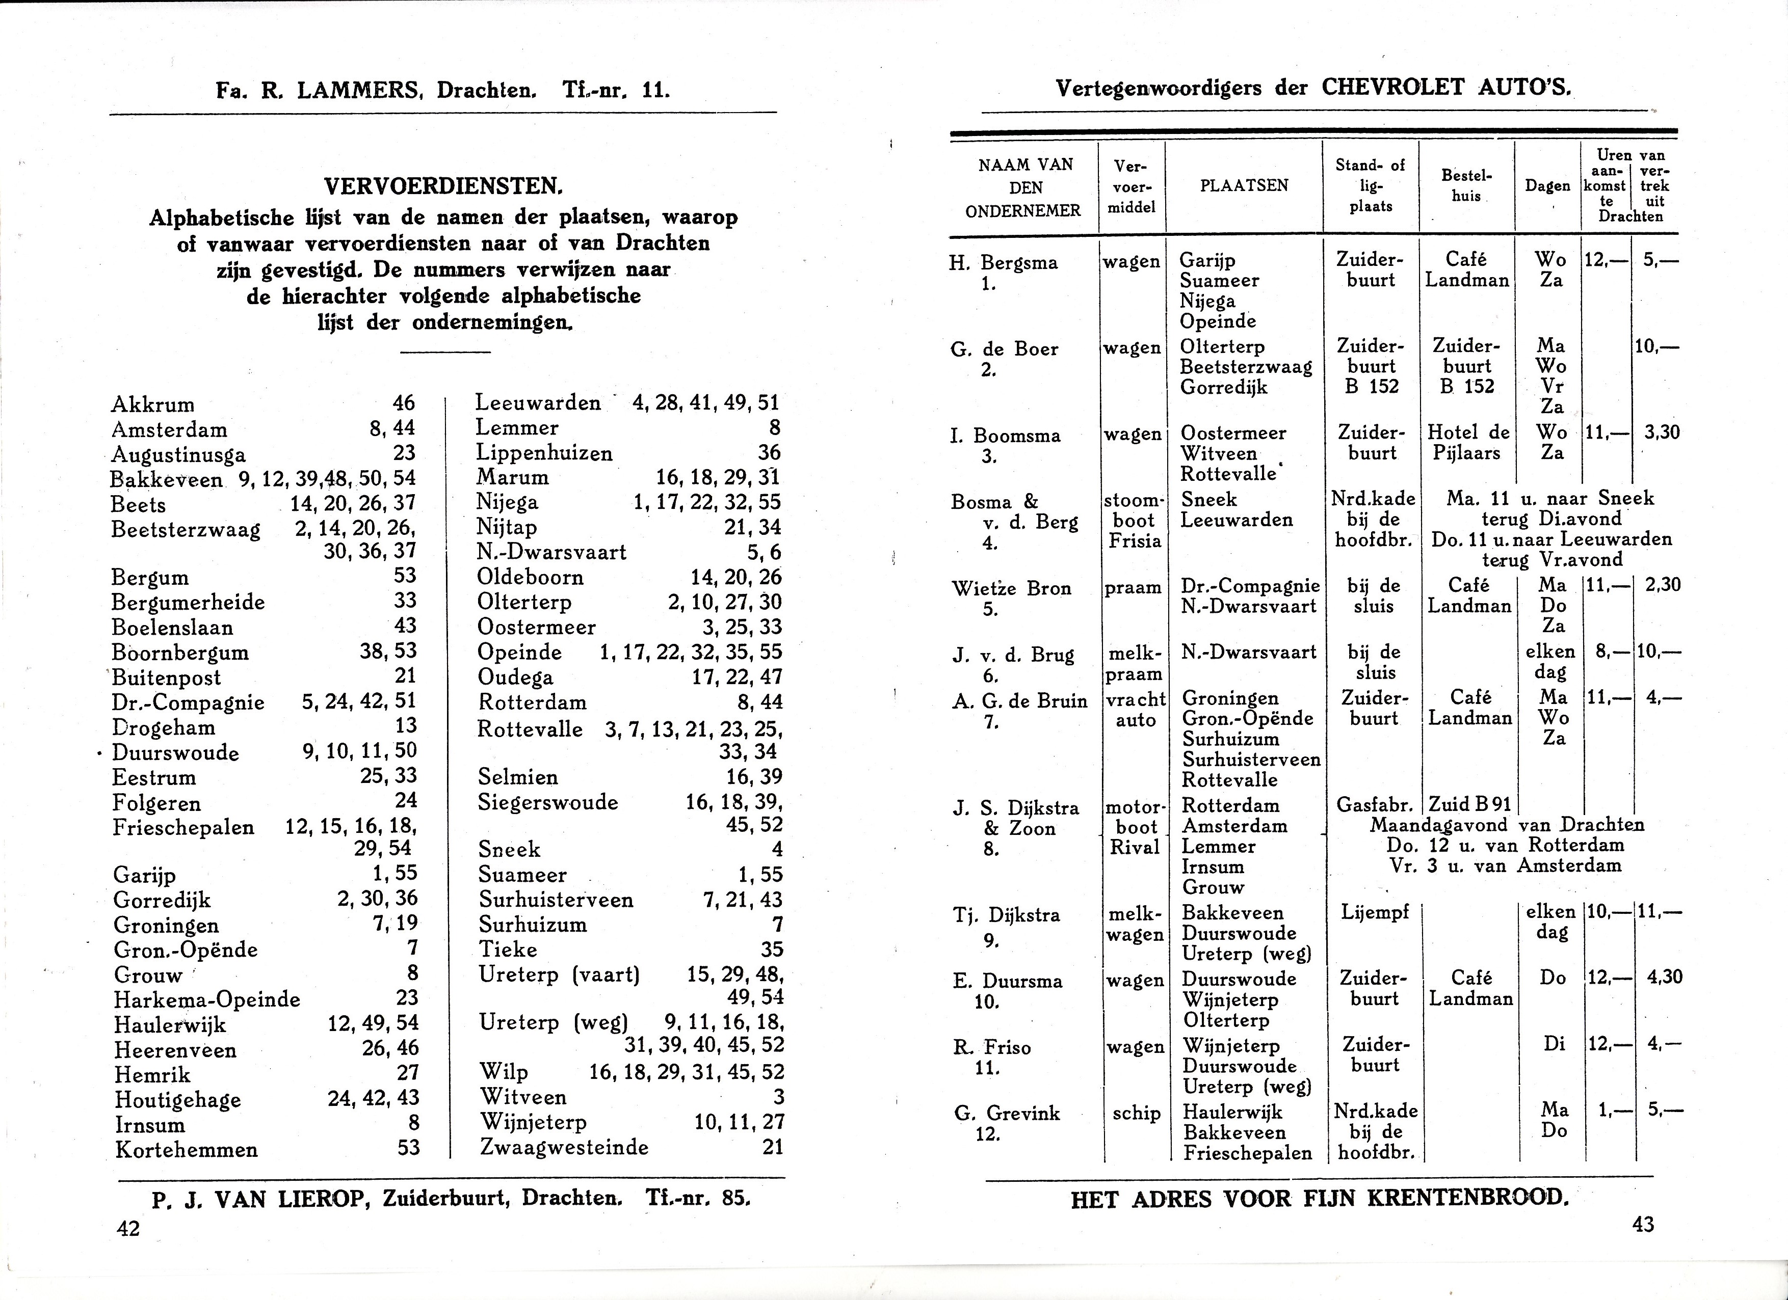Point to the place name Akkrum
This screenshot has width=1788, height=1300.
pos(152,405)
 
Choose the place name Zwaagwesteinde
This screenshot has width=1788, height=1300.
pos(564,1147)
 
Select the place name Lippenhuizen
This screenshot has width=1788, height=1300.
pos(544,453)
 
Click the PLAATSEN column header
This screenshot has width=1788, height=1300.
pos(1244,186)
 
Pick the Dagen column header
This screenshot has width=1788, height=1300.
pos(1547,187)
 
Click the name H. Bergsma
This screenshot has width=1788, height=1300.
pos(1004,263)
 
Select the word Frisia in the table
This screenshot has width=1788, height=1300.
pos(1135,540)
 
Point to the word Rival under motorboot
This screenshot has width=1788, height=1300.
pos(1135,848)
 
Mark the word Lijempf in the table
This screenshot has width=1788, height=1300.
pos(1375,914)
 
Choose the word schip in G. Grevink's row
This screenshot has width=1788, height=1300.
pos(1136,1113)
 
